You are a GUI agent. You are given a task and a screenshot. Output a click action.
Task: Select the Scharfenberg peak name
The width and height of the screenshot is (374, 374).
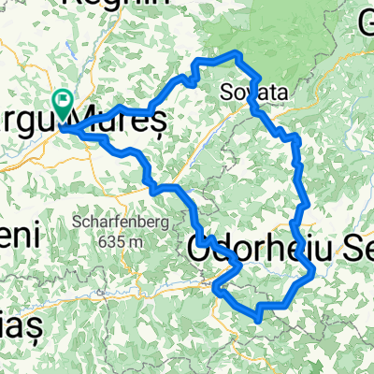117,223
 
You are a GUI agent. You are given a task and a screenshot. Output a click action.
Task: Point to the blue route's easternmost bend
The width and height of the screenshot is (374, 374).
312,271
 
